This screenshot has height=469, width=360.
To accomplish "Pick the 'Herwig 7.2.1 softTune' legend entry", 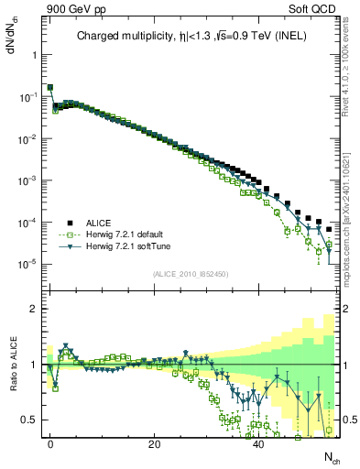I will pyautogui.click(x=125, y=246).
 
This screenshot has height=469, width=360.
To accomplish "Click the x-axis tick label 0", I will pyautogui.click(x=50, y=442).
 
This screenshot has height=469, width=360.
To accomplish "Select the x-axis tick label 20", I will pyautogui.click(x=155, y=442).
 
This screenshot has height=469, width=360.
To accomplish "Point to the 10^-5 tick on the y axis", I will pyautogui.click(x=27, y=265).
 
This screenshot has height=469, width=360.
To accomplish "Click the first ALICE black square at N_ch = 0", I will pyautogui.click(x=50, y=88).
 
